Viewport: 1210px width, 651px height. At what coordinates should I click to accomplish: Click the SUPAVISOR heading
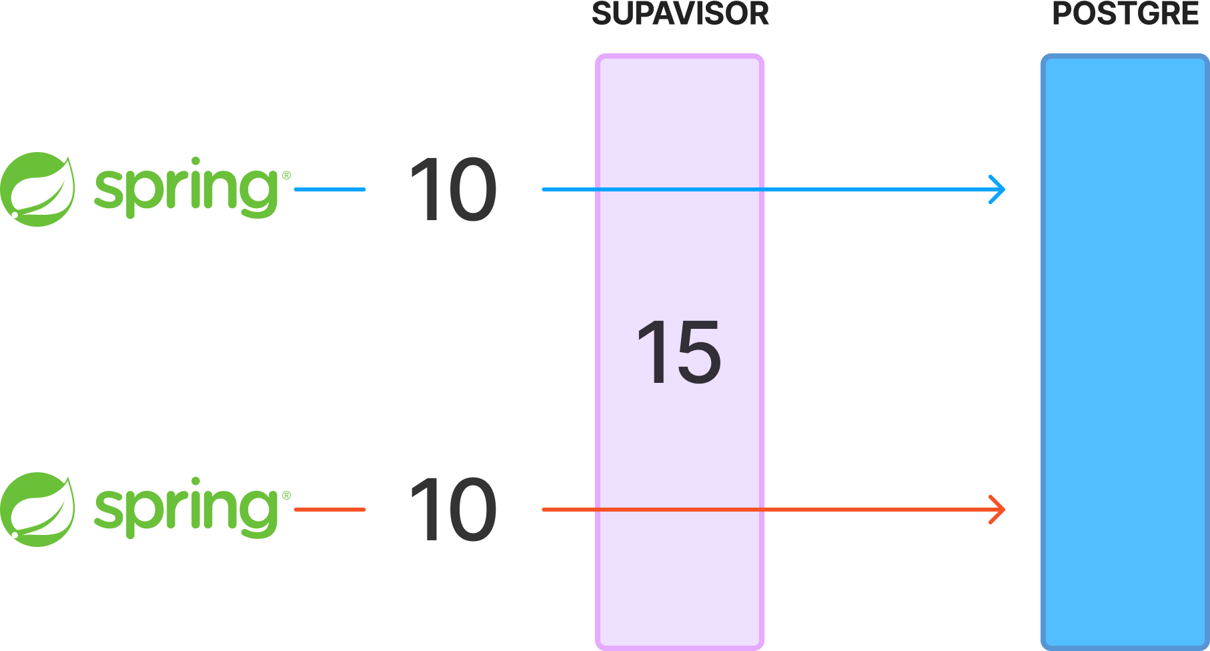click(x=680, y=13)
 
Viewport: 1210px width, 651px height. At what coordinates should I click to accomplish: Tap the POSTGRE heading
click(x=1125, y=13)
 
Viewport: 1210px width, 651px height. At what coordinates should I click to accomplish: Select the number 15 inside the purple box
click(x=679, y=352)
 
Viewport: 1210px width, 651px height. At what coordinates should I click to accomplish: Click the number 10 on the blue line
click(x=454, y=189)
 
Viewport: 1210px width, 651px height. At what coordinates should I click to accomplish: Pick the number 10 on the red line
click(x=454, y=510)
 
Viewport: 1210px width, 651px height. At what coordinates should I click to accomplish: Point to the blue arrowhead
click(x=998, y=189)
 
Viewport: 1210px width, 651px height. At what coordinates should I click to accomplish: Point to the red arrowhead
click(x=998, y=510)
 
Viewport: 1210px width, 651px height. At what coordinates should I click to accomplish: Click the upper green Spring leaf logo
click(x=37, y=189)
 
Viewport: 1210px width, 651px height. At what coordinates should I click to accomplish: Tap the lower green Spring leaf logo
click(x=37, y=510)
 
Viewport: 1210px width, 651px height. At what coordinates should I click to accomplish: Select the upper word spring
click(x=186, y=188)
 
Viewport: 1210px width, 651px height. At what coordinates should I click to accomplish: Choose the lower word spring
click(x=186, y=508)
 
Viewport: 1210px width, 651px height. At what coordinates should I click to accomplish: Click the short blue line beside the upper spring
click(x=330, y=189)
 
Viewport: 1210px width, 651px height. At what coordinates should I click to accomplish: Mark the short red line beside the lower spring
click(x=330, y=510)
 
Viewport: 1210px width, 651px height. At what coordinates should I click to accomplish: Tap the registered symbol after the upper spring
click(x=286, y=175)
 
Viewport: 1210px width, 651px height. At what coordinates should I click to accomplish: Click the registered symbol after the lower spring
click(x=286, y=496)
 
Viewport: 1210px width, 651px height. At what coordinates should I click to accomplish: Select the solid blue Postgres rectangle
click(x=1125, y=352)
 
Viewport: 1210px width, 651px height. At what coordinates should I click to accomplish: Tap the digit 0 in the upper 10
click(x=472, y=189)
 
